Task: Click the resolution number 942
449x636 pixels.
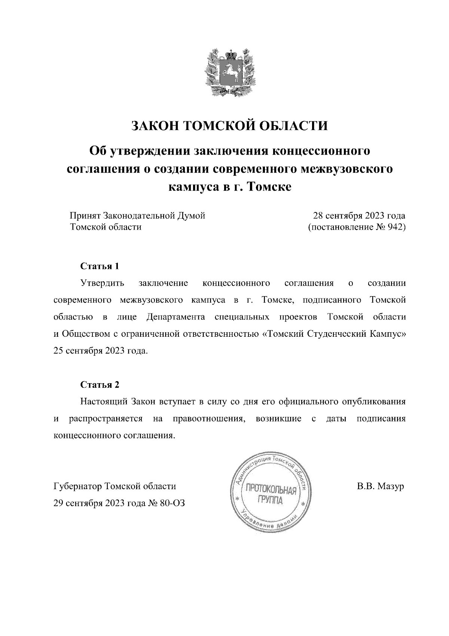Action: [x=397, y=227]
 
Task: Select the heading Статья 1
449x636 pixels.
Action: [x=100, y=266]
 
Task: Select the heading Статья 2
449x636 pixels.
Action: [x=100, y=385]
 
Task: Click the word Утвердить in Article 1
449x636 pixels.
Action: [x=102, y=283]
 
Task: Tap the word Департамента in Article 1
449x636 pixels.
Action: [x=176, y=317]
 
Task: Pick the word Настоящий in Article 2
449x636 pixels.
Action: [x=103, y=402]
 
